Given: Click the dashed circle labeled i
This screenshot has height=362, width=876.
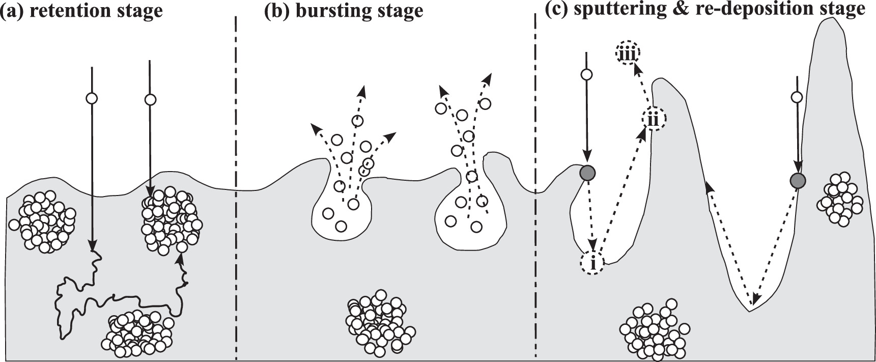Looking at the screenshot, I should pyautogui.click(x=592, y=263).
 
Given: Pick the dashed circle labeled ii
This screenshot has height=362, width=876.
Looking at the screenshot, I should pyautogui.click(x=653, y=120).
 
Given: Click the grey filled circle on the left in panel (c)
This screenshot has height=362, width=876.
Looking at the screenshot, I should pyautogui.click(x=588, y=173).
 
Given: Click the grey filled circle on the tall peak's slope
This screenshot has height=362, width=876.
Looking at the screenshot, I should pyautogui.click(x=798, y=180).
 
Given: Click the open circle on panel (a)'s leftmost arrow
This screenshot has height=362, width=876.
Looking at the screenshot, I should pyautogui.click(x=92, y=98).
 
